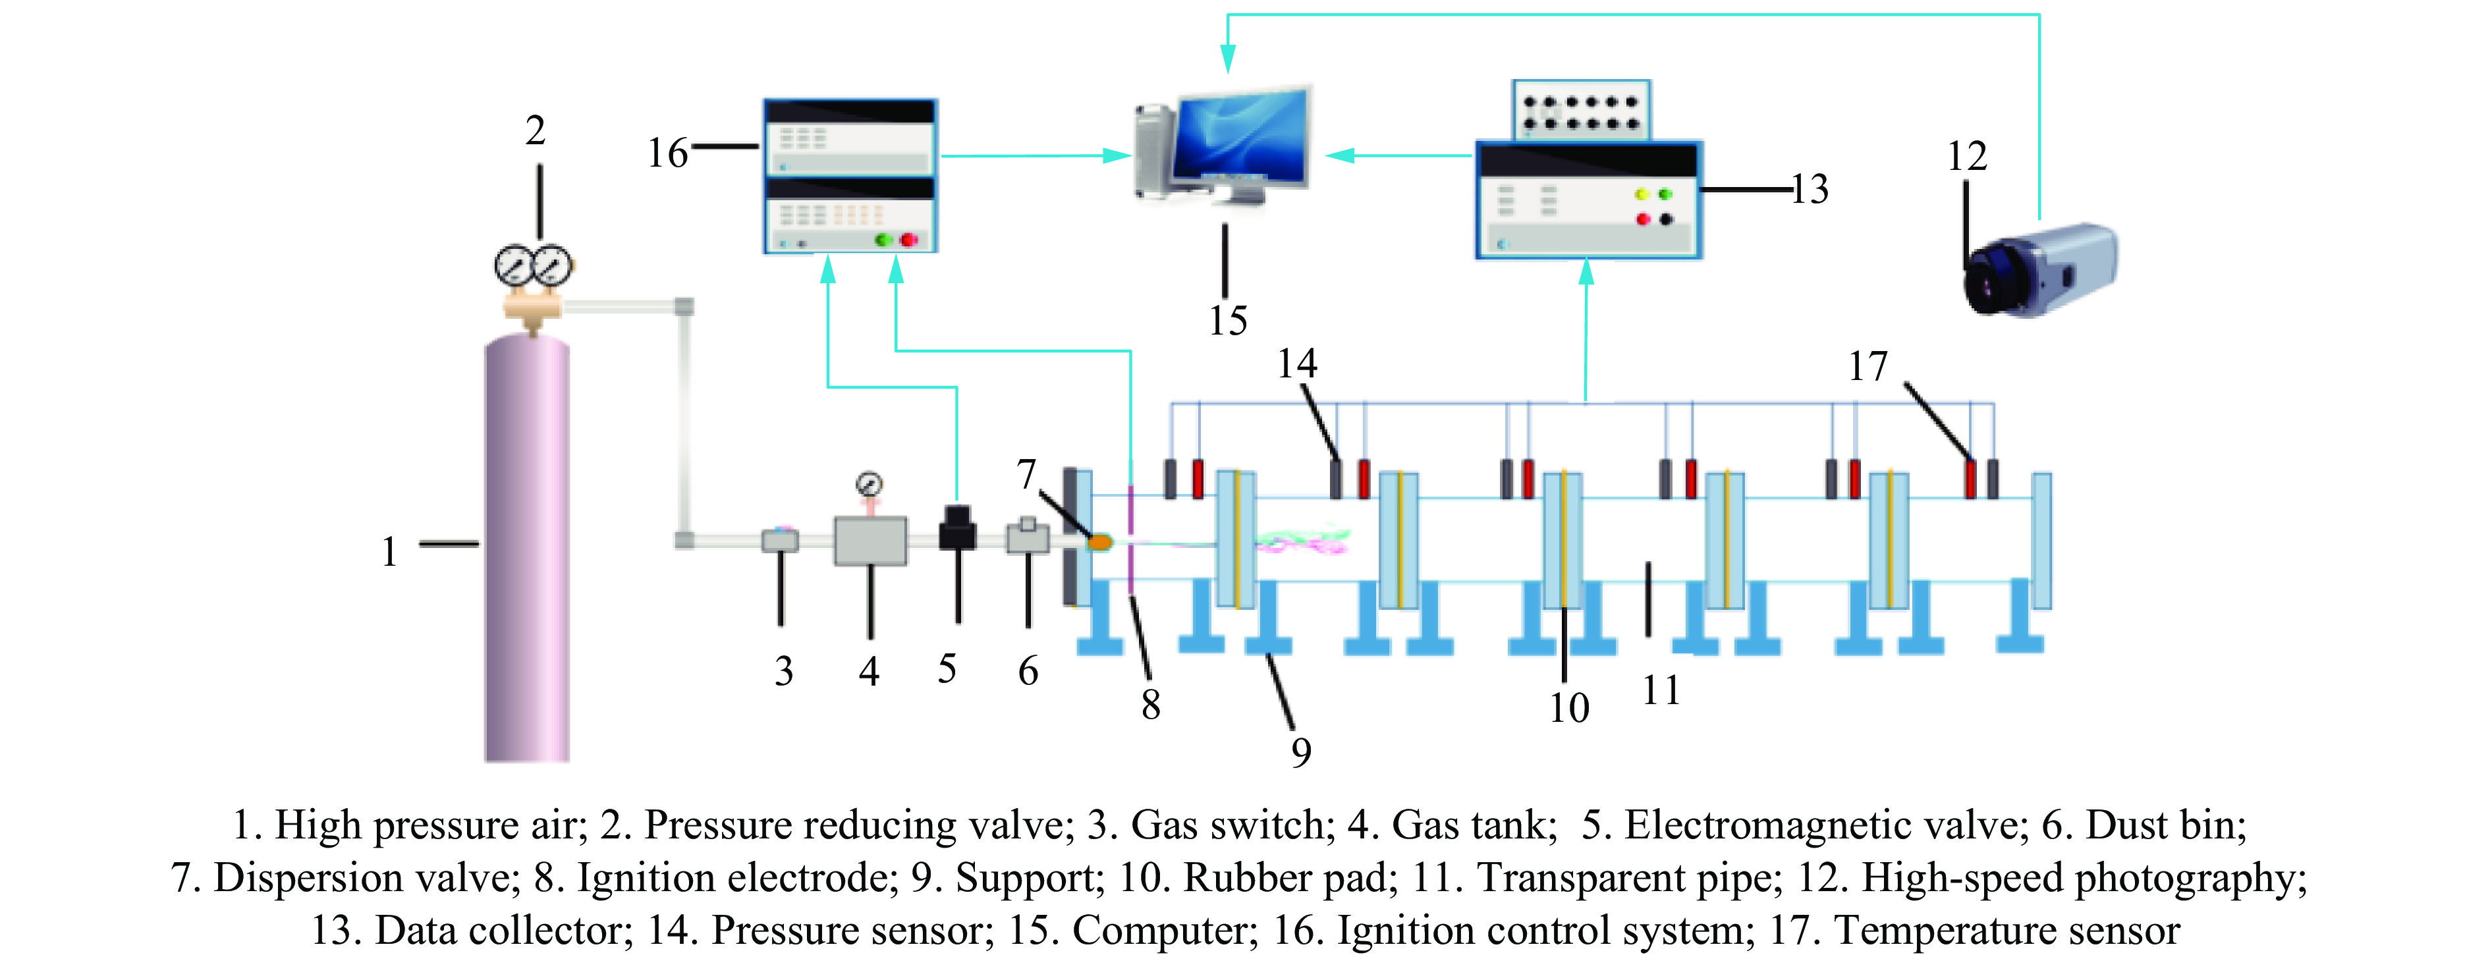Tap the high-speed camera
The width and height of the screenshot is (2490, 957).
[2039, 271]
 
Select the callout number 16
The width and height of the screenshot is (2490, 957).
[667, 153]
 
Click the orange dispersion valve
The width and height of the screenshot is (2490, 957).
[1100, 542]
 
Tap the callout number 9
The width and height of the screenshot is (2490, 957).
[1301, 752]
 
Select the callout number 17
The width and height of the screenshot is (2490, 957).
[1867, 366]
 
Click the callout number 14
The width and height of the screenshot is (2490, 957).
[1296, 364]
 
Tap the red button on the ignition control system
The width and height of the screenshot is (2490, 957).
[908, 239]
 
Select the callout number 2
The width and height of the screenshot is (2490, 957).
[536, 130]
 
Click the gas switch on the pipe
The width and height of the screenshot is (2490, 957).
[780, 539]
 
